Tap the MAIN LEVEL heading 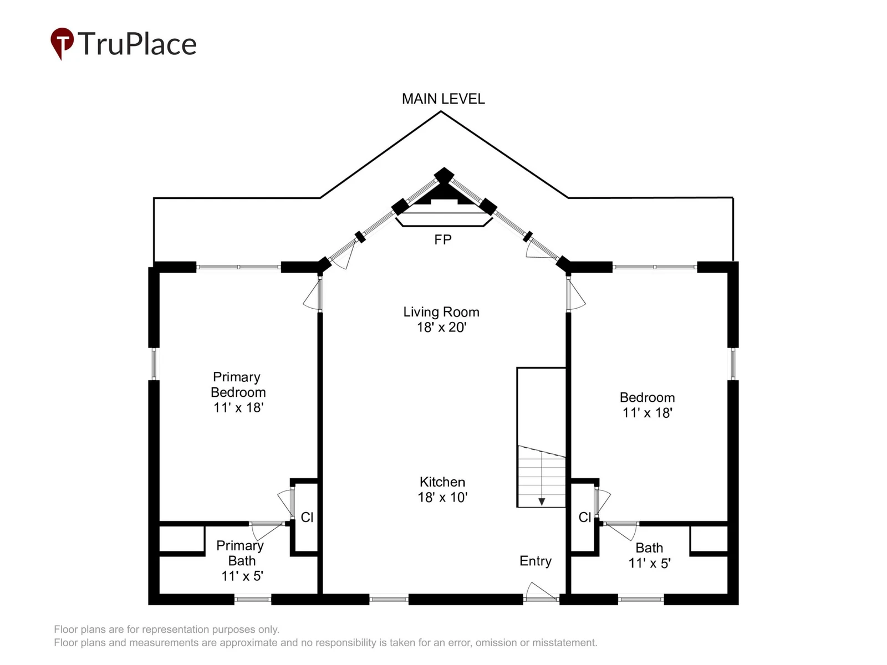click(x=443, y=99)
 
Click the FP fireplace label click(x=442, y=240)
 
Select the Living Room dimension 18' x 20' click(x=442, y=327)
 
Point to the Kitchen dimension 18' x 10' click(x=442, y=497)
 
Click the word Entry click(x=536, y=561)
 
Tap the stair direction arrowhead click(x=542, y=502)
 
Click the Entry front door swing click(x=540, y=591)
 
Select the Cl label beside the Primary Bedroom click(x=307, y=517)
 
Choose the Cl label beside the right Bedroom click(x=585, y=517)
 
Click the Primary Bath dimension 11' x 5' click(x=242, y=576)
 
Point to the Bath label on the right click(x=649, y=548)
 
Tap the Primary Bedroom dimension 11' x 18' click(x=238, y=407)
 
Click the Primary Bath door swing click(x=267, y=530)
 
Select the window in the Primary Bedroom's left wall click(x=154, y=364)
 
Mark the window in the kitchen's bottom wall click(x=389, y=600)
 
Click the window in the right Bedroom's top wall click(x=655, y=267)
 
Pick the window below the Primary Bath click(x=253, y=600)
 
